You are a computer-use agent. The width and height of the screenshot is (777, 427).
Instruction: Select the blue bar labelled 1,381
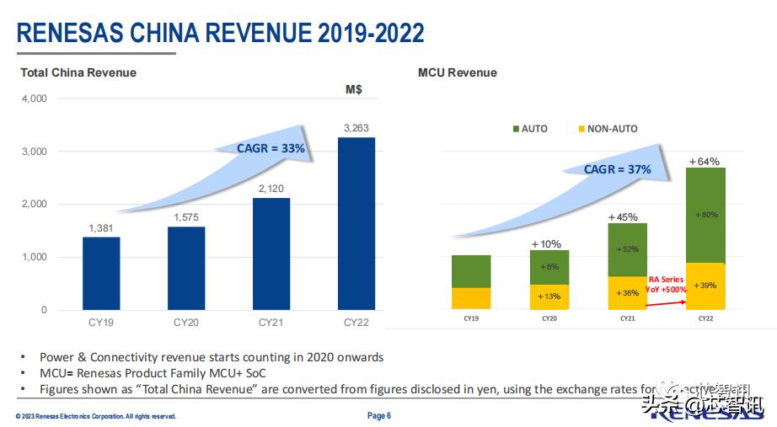click(101, 273)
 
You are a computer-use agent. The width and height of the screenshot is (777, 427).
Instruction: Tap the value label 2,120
click(271, 189)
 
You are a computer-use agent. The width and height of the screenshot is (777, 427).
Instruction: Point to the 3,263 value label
click(356, 128)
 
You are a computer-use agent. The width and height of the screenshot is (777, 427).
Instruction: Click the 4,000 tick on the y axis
click(34, 99)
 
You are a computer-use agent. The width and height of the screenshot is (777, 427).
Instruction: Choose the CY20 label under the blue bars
click(186, 322)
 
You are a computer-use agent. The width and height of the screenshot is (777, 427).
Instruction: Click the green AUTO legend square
click(515, 129)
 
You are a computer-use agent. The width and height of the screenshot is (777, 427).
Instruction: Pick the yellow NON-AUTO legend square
click(581, 129)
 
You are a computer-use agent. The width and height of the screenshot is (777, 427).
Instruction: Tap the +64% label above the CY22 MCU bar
click(705, 161)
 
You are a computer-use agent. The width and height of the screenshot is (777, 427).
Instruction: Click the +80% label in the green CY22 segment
click(706, 215)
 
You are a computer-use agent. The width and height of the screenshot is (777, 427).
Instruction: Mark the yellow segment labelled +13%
click(549, 296)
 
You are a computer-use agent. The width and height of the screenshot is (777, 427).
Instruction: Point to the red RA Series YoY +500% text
click(666, 284)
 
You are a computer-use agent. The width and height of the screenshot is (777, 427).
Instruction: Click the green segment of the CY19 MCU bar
click(471, 271)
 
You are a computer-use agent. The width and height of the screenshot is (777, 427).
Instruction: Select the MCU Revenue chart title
click(458, 72)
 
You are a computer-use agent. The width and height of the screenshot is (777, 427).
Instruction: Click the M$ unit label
click(354, 89)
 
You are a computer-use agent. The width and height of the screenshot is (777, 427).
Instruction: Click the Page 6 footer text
click(379, 415)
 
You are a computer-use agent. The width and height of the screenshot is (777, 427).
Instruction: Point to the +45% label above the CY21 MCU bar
click(627, 217)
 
